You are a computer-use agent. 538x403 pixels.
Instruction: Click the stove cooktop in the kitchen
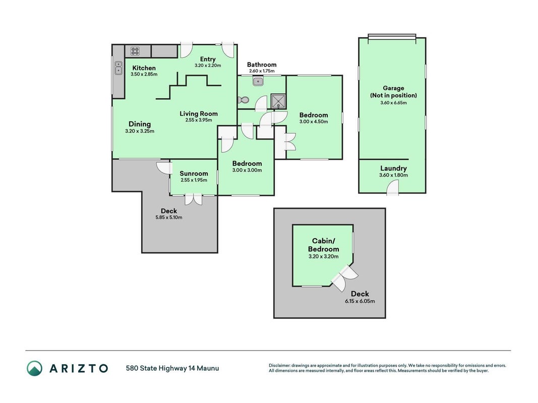(x=135, y=51)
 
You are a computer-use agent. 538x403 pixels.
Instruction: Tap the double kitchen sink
(x=118, y=68)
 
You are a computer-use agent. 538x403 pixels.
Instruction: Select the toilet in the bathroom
(x=243, y=100)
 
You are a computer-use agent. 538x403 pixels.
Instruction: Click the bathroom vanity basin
(x=258, y=82)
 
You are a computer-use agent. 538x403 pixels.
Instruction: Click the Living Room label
(x=199, y=113)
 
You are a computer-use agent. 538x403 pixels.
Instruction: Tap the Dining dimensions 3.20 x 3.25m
(x=140, y=131)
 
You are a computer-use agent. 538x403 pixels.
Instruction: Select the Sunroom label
(x=194, y=173)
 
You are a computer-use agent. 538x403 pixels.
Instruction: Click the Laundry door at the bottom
(x=393, y=188)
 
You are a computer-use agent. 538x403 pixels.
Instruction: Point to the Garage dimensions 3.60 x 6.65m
(x=394, y=102)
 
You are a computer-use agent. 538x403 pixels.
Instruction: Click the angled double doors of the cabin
(x=344, y=278)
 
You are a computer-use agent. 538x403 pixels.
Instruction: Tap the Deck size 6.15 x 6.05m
(x=360, y=301)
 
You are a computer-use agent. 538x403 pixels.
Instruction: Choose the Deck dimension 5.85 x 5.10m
(x=169, y=217)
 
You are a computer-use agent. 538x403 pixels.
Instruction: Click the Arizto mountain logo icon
(x=35, y=368)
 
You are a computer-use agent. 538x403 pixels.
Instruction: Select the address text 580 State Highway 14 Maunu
(x=172, y=368)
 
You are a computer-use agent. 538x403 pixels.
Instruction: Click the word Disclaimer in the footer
(x=279, y=366)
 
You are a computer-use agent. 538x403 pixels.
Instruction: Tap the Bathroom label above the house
(x=262, y=64)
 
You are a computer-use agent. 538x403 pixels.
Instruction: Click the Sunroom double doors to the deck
(x=194, y=199)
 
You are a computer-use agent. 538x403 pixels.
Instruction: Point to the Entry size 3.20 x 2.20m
(x=208, y=65)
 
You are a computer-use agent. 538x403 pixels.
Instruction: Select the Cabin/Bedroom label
(x=323, y=245)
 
